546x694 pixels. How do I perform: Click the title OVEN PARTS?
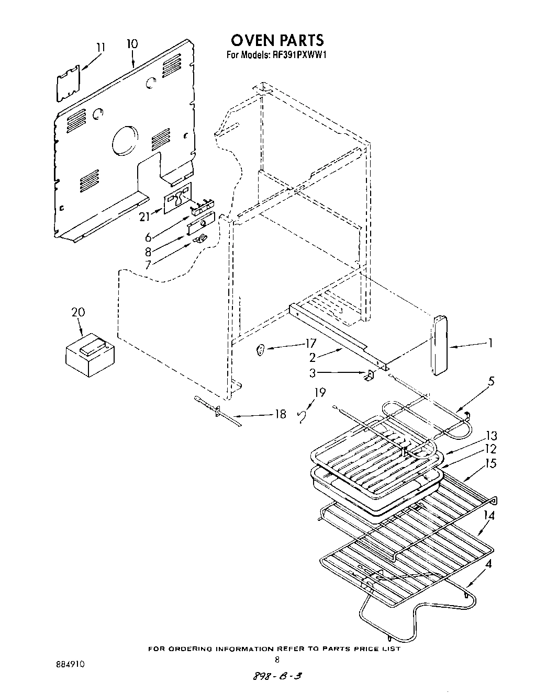(x=277, y=40)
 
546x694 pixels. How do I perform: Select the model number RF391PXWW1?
(x=302, y=54)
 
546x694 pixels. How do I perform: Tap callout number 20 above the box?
(x=78, y=312)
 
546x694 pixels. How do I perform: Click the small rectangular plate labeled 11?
(x=68, y=84)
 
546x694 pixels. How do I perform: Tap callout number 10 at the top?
(x=132, y=44)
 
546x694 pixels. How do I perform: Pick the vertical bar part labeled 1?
(x=439, y=346)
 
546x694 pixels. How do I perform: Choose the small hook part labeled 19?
(x=302, y=416)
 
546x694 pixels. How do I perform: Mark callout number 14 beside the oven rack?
(x=488, y=515)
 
